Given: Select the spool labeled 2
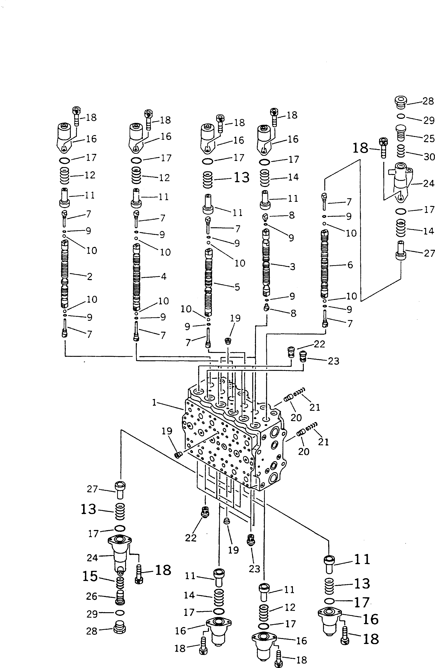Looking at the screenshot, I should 64,274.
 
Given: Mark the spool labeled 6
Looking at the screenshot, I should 325,264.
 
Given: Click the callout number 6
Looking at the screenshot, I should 350,265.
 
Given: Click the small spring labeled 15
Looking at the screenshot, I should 120,583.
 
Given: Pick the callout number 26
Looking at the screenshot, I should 92,596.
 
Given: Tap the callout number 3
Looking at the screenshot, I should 292,267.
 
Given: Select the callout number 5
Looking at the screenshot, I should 237,287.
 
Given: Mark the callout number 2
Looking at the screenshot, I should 89,277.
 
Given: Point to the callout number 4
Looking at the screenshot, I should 164,277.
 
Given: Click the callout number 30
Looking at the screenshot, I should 429,157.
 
